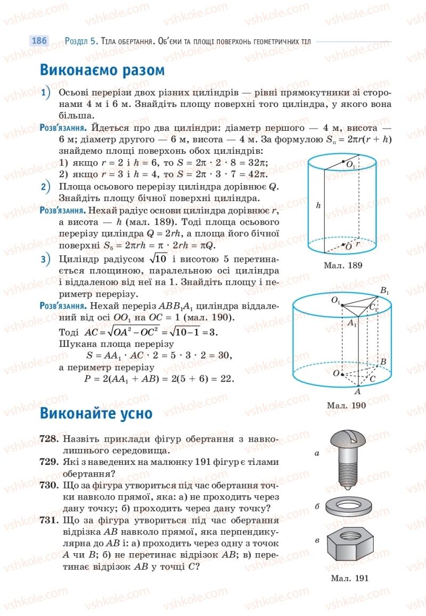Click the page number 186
tap(39, 41)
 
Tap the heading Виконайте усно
tap(96, 413)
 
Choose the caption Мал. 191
tap(349, 578)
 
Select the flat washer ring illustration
tap(349, 505)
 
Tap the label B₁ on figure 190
tap(384, 291)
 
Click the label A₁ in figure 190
tap(352, 323)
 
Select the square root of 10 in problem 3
tap(158, 259)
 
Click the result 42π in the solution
tap(258, 174)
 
